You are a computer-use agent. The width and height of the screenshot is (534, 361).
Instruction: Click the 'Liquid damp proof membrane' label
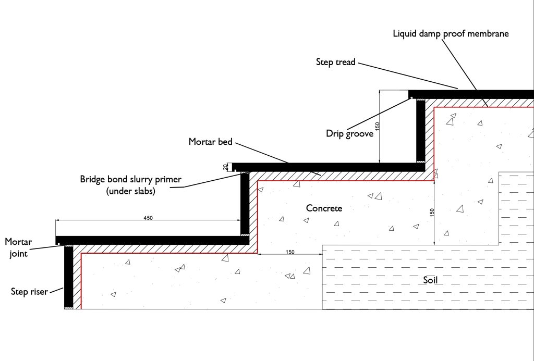[x=451, y=34]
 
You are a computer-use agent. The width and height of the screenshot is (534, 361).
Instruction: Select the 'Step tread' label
[x=335, y=63]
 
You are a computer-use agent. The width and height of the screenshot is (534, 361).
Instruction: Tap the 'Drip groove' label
[x=349, y=134]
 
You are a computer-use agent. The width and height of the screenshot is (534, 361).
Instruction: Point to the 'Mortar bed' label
[x=211, y=142]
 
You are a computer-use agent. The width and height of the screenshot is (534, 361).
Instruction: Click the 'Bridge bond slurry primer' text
[x=130, y=180]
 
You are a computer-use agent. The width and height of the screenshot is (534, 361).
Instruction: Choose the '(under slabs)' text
[x=130, y=191]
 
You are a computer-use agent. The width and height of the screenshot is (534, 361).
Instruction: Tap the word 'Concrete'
[x=324, y=208]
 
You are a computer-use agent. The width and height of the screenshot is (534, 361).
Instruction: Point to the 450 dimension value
[x=148, y=218]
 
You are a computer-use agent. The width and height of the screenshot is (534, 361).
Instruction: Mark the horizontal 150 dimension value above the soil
[x=290, y=252]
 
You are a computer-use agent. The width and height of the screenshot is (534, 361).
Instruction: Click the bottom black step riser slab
[x=68, y=276]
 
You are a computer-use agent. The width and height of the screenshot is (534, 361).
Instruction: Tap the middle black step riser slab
[x=245, y=203]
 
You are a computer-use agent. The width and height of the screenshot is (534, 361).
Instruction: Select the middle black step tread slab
[x=329, y=167]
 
